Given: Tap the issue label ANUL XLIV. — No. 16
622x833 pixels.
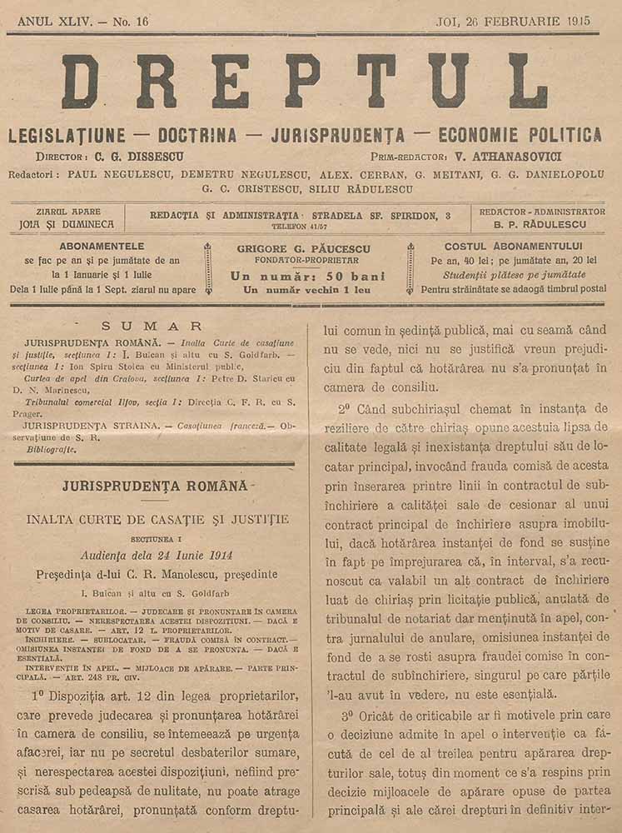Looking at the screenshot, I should coord(82,22).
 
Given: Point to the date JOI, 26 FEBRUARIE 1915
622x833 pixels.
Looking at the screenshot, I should coord(517,22).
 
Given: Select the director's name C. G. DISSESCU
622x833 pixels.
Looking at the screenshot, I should coord(139,157).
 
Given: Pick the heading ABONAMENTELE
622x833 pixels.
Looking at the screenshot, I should coord(102,247).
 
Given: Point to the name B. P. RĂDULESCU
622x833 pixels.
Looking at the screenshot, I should coord(541,224).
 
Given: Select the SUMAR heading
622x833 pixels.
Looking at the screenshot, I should coord(152,326).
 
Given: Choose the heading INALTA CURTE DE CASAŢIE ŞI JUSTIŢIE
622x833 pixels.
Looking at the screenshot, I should coord(157,520).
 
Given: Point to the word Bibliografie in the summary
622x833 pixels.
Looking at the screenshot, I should coord(50,449).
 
